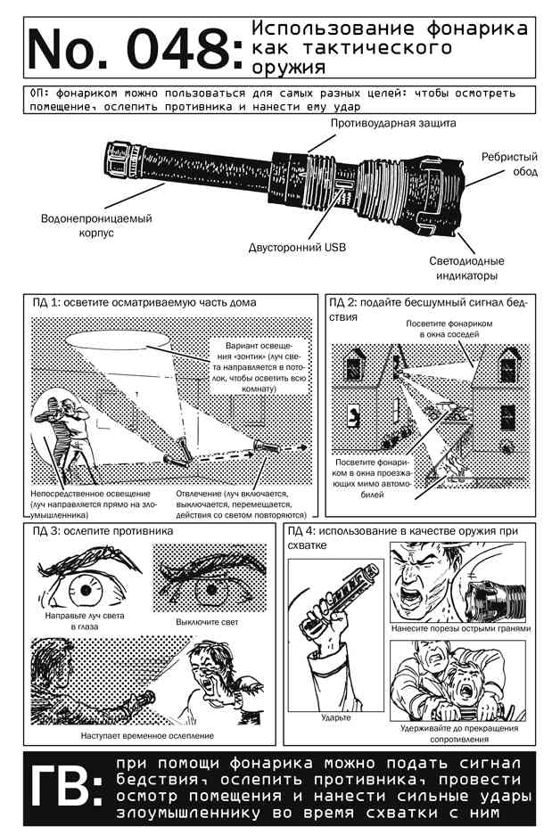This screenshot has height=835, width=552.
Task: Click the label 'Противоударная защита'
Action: pos(393,123)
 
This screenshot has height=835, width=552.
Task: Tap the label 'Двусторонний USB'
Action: pos(297,247)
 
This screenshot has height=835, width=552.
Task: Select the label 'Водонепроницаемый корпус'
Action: pos(96,225)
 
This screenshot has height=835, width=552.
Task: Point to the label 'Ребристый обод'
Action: pos(510,164)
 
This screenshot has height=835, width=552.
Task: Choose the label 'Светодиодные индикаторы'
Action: pos(466,268)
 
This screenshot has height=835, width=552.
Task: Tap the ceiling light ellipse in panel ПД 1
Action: pos(119,340)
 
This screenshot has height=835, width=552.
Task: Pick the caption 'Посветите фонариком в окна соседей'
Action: pos(449,329)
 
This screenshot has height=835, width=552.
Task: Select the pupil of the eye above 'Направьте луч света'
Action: pos(86,590)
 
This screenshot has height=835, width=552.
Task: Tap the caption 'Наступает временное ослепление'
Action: pos(148,735)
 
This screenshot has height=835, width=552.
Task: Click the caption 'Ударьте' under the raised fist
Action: pos(336,718)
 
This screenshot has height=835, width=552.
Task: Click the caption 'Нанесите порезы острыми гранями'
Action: pos(461,628)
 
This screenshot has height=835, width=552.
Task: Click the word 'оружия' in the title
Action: pos(288,67)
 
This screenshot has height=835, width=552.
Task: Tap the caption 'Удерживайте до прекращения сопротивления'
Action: pos(459,733)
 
